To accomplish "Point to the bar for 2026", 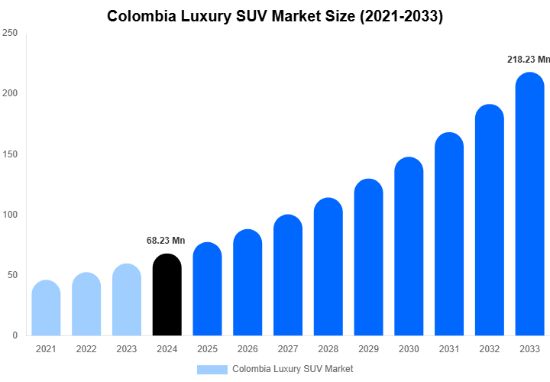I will coord(247,283).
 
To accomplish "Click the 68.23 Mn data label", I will coord(166,241).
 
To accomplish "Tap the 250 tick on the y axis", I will coord(10,34).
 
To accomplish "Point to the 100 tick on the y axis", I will coord(10,215).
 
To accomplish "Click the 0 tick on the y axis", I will coord(15,335).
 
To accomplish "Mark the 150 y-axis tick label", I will coord(10,154).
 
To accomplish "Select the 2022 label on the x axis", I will coord(86,349).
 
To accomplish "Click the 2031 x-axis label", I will coord(449,349).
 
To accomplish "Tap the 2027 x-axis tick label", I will coord(288,349).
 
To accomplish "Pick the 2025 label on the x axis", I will coord(207,349).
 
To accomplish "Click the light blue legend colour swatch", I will coord(212,369).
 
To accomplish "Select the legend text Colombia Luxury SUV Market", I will coord(293,369).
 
